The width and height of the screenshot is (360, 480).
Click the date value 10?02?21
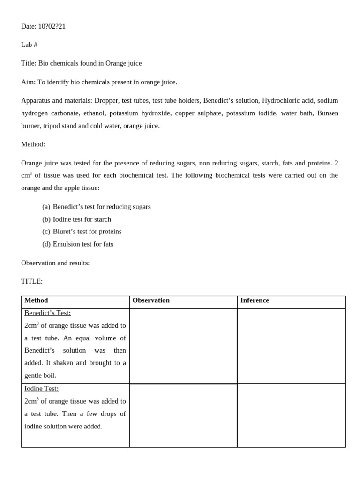pos(52,26)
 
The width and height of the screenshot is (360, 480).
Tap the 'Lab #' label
pos(29,45)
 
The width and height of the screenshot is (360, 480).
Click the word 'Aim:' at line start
pos(28,82)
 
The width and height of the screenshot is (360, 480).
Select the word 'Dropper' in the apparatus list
pos(106,100)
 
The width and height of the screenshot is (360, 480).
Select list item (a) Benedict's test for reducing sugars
pos(97,207)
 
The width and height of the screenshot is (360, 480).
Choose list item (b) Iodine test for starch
pos(77,219)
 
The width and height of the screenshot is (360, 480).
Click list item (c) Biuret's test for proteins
pos(82,232)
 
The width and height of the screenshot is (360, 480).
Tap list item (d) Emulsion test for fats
pos(78,244)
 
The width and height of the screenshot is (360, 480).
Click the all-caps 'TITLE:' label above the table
pos(32,281)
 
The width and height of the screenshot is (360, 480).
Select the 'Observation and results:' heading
pos(55,263)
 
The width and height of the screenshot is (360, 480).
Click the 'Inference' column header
pos(255,300)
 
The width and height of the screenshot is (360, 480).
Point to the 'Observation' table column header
pos(151,300)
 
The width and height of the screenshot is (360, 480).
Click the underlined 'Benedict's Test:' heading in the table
pos(48,313)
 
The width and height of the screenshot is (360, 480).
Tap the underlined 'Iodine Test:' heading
pos(42,389)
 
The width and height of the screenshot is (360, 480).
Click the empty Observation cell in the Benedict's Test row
pos(183,346)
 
